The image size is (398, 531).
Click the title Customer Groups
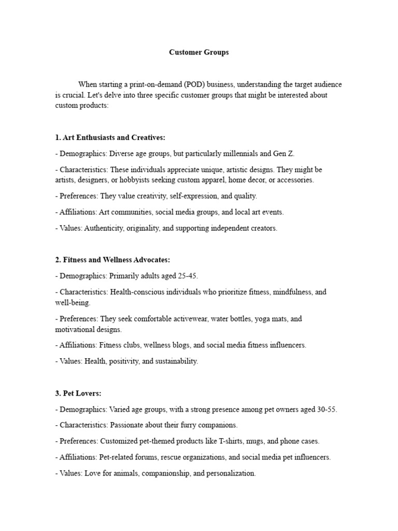(199, 52)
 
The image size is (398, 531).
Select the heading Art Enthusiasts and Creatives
(113, 137)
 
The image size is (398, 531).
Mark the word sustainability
(176, 361)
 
